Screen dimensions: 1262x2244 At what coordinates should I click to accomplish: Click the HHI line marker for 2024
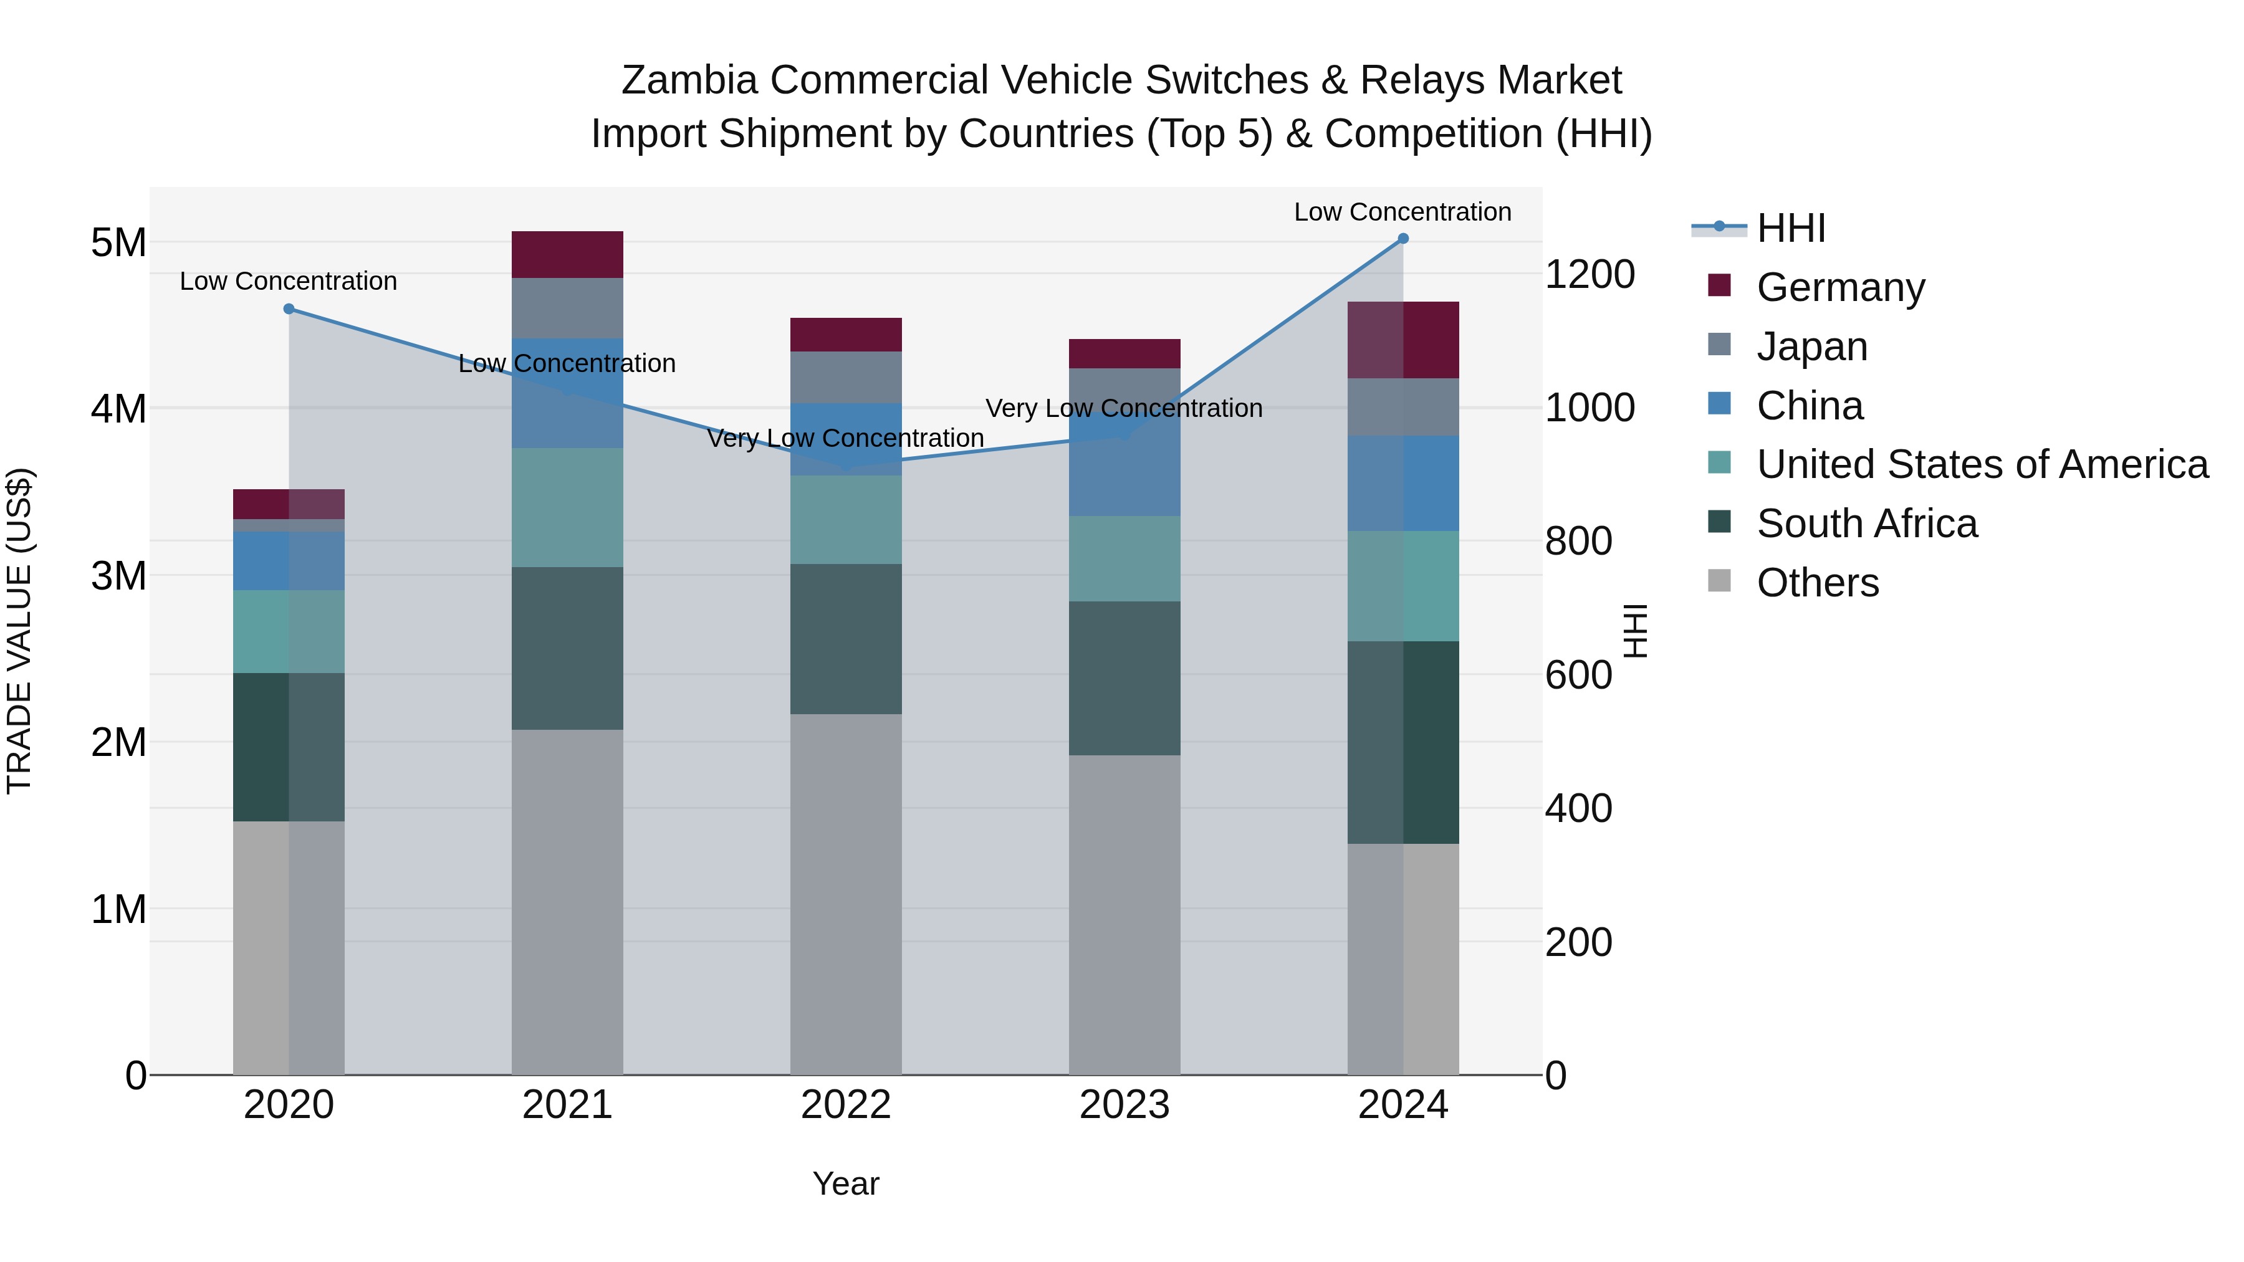point(1402,239)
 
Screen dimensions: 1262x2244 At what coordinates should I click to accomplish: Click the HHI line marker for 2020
point(289,309)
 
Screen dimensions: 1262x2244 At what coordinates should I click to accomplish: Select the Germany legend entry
point(1840,287)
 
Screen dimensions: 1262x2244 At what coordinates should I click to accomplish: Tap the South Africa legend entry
point(1866,523)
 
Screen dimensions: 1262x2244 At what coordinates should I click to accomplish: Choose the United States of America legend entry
point(1982,464)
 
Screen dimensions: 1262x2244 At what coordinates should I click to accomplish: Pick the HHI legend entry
point(1790,228)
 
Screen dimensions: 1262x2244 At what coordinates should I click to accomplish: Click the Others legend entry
point(1817,583)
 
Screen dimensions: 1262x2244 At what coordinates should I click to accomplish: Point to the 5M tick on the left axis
point(118,242)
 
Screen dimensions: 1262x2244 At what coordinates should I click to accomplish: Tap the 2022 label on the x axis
point(846,1105)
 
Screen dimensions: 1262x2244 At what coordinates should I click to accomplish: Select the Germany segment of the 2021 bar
point(567,254)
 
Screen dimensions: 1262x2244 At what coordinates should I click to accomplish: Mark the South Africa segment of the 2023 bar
point(1124,677)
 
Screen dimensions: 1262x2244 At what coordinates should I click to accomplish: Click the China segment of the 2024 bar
point(1402,484)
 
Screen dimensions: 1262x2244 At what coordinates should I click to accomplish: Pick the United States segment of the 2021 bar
point(567,508)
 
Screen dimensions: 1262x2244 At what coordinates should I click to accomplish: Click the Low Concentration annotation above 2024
point(1402,212)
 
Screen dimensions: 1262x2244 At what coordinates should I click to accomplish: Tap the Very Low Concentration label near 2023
point(1124,408)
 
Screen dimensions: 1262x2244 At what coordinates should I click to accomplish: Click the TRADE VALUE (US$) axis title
point(19,631)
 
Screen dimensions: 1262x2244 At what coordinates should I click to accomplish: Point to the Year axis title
point(846,1183)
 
